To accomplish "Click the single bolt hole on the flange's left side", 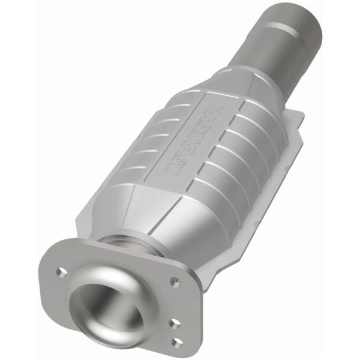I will (x=61, y=271).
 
